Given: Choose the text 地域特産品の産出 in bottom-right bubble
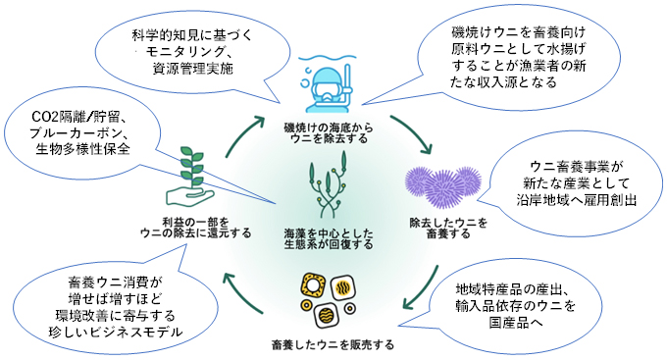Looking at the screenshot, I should (517, 291).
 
